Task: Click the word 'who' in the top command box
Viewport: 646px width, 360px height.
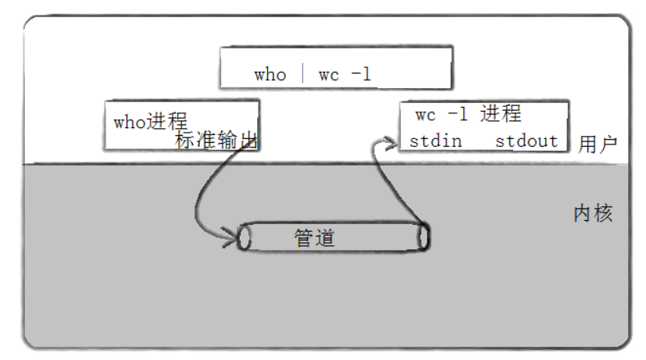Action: click(x=270, y=75)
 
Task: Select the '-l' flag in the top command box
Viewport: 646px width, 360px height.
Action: click(x=361, y=75)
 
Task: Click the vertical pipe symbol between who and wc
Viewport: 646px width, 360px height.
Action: click(x=302, y=75)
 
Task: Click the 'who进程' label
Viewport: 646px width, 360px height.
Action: click(x=150, y=122)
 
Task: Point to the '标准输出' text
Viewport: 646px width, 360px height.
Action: click(x=216, y=141)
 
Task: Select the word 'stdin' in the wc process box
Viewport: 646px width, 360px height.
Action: click(x=435, y=141)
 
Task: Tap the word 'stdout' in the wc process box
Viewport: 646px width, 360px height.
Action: click(x=526, y=141)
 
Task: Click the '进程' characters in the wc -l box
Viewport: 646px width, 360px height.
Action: click(x=500, y=114)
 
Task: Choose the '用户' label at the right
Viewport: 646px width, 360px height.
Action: click(x=598, y=144)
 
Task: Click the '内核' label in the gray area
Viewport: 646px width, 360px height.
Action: click(x=593, y=213)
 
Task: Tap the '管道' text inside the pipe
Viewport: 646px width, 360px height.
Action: click(x=315, y=238)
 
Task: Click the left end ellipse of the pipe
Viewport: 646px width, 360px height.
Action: click(x=244, y=237)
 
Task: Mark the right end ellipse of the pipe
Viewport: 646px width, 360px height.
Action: click(x=424, y=237)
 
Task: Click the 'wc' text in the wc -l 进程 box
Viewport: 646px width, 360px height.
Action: click(x=426, y=115)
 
